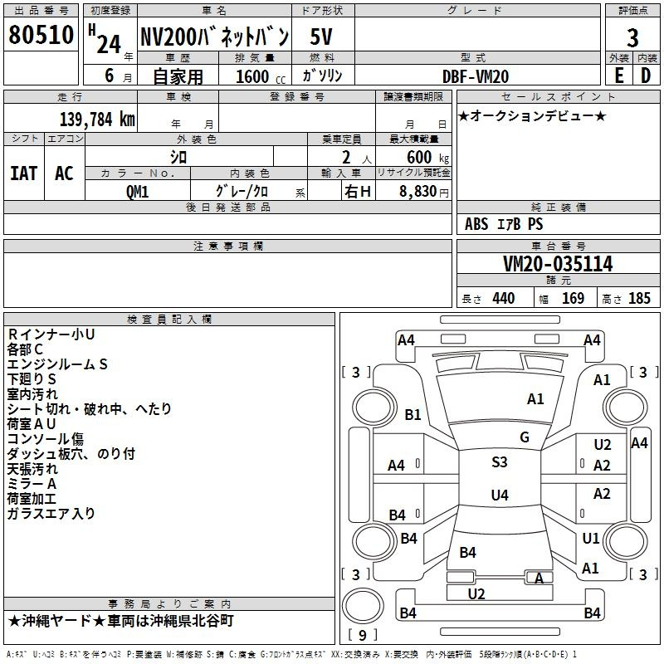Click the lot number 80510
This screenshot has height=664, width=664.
click(x=40, y=37)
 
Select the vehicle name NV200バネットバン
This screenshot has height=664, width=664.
click(x=214, y=37)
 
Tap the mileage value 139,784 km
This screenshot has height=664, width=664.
click(x=97, y=119)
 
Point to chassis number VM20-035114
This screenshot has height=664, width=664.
click(x=558, y=264)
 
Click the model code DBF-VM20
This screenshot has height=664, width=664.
click(x=476, y=76)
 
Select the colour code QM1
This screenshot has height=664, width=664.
click(x=137, y=191)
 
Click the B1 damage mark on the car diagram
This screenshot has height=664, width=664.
click(x=413, y=415)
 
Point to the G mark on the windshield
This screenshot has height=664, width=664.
click(x=525, y=437)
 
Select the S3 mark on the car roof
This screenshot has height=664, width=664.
click(x=500, y=462)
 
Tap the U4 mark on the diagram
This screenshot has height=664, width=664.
click(x=500, y=496)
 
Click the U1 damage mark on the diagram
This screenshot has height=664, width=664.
click(x=591, y=538)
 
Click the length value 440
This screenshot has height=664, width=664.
click(x=503, y=299)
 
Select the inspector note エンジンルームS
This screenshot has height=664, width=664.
click(x=57, y=364)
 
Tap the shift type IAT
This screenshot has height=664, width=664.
click(x=24, y=173)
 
